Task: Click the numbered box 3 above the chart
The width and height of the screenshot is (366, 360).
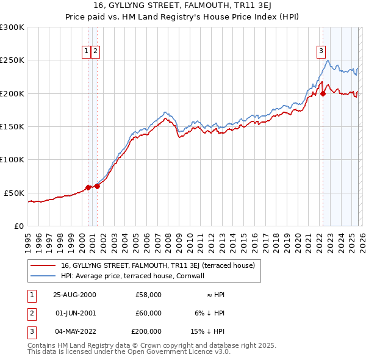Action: coord(320,51)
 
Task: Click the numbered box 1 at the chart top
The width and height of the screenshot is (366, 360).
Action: coord(86,51)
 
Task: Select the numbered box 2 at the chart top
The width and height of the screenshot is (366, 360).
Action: coord(96,51)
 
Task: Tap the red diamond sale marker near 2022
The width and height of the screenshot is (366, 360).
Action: coord(323,93)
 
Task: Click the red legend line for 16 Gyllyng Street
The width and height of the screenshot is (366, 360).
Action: coord(43,265)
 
